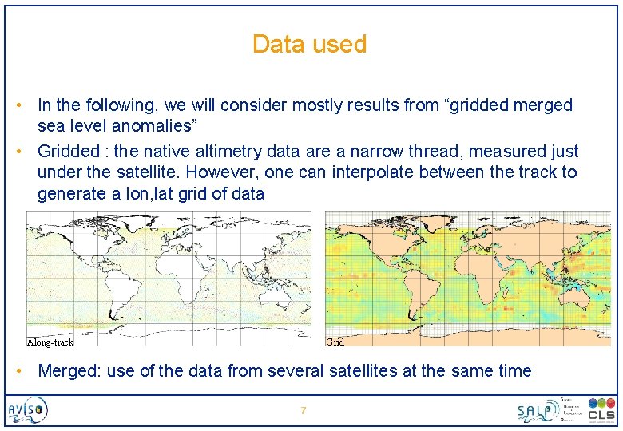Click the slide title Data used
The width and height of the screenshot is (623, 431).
309,44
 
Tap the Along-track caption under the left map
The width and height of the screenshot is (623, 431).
50,342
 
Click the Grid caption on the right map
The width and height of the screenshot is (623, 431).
335,342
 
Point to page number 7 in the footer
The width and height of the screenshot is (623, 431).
303,411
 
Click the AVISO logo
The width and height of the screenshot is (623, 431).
28,411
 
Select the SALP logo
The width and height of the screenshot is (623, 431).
538,410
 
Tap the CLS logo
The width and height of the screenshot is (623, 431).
601,410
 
